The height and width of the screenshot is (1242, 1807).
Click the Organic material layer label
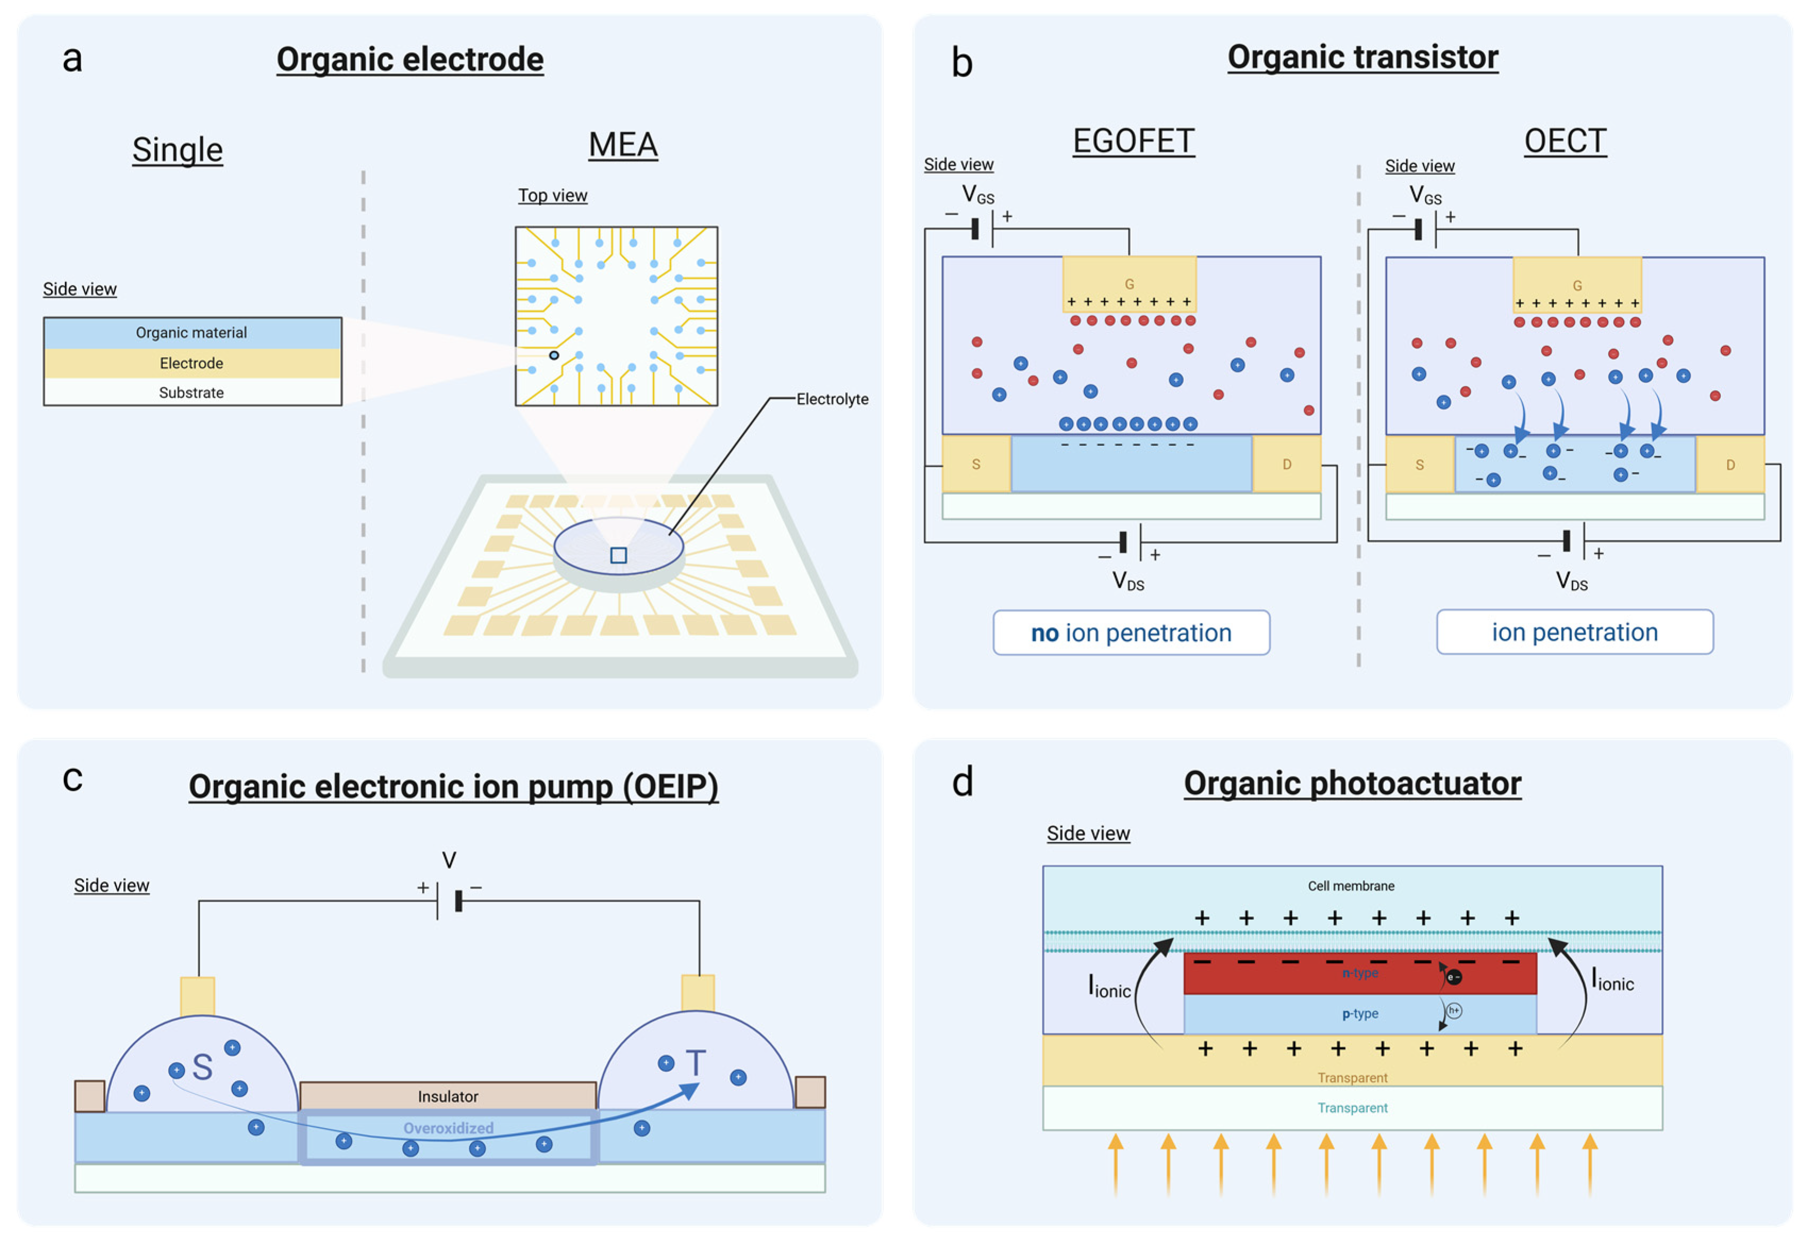[191, 332]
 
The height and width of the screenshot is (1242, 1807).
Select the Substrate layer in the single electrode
[191, 392]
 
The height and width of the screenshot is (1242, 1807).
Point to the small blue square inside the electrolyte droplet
[618, 555]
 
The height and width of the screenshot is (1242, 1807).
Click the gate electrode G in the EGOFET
[1128, 284]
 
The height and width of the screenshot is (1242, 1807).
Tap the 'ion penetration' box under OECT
[1574, 632]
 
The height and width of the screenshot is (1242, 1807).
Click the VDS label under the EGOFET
[1128, 580]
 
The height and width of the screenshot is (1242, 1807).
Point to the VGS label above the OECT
[1425, 196]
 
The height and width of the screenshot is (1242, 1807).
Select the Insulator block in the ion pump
[448, 1096]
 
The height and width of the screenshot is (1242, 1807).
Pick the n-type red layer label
[1359, 973]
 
